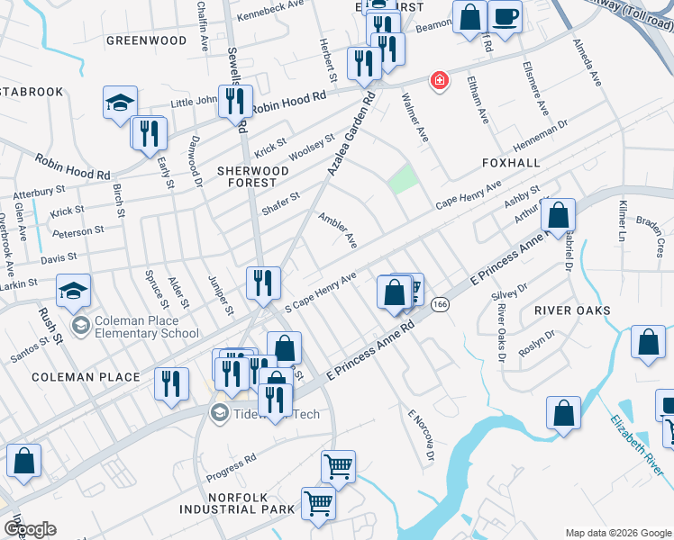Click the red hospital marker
coord(439,81)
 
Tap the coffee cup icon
coord(505,16)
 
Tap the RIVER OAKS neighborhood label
coord(572,310)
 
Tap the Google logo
coord(29,529)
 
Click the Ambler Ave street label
coord(338,230)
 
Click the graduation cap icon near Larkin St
coord(73,291)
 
